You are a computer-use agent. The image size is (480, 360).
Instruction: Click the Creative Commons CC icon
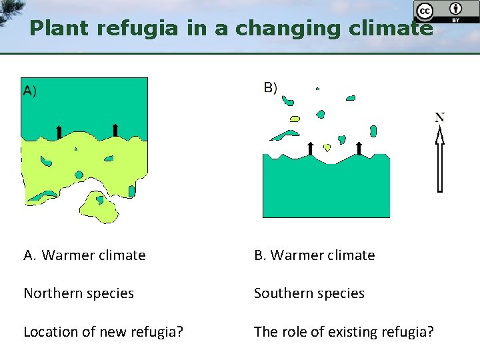click(424, 11)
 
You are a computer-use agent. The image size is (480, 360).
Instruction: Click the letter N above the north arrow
click(440, 118)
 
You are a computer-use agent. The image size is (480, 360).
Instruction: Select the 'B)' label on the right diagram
click(271, 87)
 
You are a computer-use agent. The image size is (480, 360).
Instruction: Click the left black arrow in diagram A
click(59, 131)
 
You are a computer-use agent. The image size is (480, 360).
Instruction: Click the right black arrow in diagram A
click(115, 129)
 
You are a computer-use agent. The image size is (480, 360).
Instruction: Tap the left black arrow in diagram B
click(310, 148)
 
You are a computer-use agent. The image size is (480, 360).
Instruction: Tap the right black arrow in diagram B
click(359, 148)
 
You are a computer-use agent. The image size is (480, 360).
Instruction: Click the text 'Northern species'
click(79, 293)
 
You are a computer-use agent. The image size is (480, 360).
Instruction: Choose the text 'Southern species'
click(309, 293)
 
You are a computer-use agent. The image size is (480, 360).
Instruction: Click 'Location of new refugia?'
click(103, 331)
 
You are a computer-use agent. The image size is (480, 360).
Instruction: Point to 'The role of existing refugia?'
click(344, 331)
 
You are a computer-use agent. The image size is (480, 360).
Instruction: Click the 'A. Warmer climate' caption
click(85, 255)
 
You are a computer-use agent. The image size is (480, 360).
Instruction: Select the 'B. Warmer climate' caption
click(315, 255)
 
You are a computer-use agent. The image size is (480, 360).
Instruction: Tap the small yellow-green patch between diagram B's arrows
click(327, 147)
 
